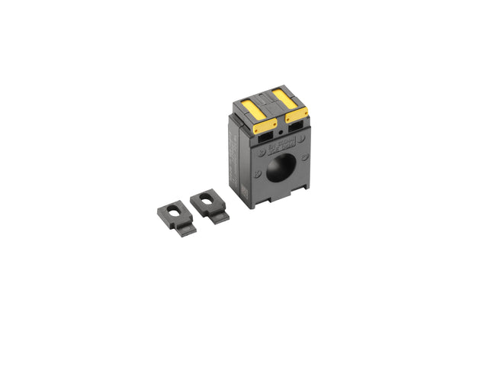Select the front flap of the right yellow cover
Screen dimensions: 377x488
pos(297,114)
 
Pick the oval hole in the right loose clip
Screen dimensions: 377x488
pos(207,201)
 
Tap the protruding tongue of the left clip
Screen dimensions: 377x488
pos(185,227)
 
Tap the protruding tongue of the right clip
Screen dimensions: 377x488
pos(219,217)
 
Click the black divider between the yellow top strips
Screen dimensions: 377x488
pos(270,100)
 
